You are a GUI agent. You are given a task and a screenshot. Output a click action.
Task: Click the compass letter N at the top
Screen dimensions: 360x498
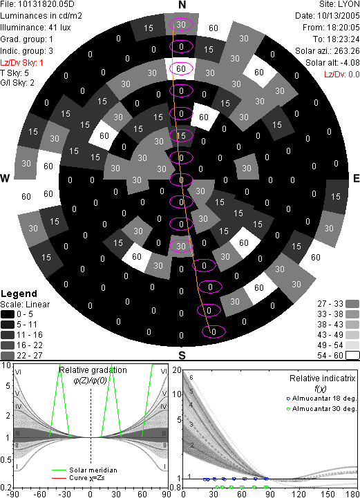182,5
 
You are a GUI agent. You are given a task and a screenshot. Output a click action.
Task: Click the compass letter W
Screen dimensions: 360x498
5,178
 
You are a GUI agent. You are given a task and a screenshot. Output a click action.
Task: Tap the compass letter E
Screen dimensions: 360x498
357,178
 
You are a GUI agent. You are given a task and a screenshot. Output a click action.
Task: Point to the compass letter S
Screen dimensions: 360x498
182,356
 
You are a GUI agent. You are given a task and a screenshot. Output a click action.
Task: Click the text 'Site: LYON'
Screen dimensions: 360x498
340,4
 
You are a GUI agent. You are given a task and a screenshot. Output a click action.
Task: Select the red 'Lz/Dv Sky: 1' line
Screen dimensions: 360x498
21,63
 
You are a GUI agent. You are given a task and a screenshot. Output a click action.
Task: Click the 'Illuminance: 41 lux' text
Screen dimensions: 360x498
35,28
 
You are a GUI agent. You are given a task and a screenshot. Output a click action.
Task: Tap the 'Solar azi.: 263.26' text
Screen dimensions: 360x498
328,51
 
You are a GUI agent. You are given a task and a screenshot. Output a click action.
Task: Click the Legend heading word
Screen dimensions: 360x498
19,294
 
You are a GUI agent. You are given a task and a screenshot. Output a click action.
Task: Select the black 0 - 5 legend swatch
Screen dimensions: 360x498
8,314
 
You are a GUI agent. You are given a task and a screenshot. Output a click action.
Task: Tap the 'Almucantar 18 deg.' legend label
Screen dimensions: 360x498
324,399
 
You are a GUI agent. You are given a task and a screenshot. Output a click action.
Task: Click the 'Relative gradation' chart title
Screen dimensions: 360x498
93,370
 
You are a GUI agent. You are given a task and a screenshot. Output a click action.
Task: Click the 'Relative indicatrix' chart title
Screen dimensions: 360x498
322,379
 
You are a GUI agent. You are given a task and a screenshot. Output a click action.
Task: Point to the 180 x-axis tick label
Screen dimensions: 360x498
353,494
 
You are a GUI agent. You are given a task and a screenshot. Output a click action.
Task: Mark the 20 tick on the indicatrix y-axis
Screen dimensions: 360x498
177,370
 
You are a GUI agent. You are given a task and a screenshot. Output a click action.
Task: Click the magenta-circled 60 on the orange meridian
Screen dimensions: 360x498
181,68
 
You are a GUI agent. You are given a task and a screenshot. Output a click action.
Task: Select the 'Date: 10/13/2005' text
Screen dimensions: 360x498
328,16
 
